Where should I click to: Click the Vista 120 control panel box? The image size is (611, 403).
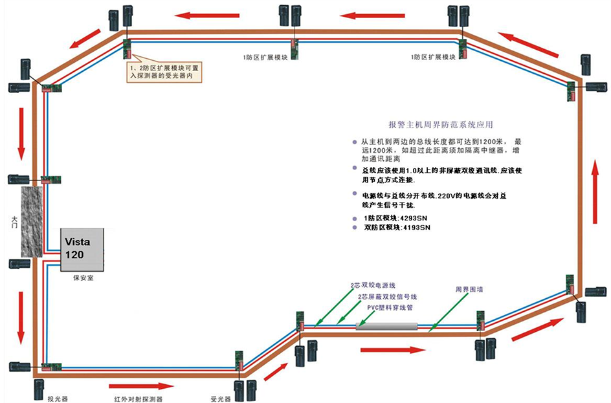click(83, 250)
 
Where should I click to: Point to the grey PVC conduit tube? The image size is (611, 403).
click(387, 326)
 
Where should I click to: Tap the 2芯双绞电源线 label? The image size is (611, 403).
click(378, 285)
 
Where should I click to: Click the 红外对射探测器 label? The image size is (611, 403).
click(135, 393)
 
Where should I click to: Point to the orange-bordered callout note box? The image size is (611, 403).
click(165, 72)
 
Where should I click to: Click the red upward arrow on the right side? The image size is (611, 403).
click(595, 184)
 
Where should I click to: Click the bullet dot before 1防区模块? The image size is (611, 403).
click(354, 218)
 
